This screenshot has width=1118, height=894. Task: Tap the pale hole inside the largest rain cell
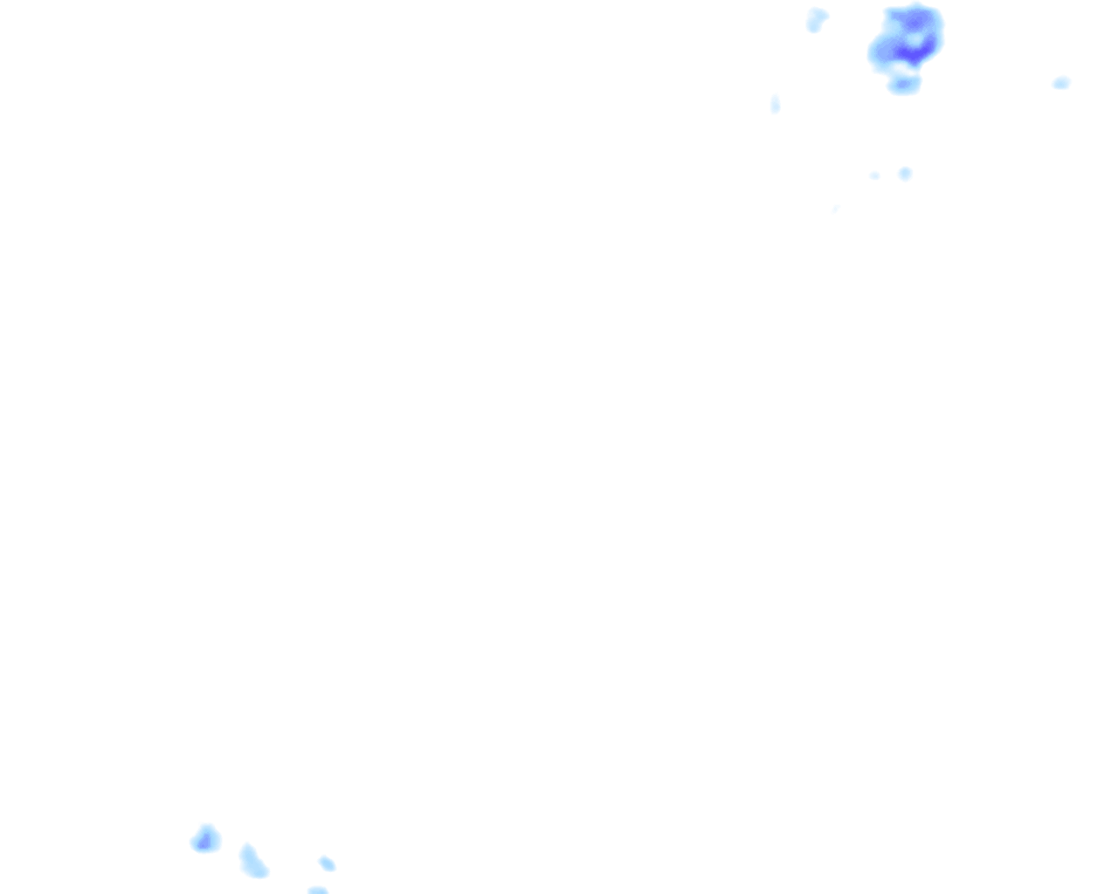pyautogui.click(x=914, y=39)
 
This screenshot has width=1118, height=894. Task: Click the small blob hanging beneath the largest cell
pyautogui.click(x=904, y=85)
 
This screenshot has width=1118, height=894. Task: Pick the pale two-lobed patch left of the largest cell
pyautogui.click(x=817, y=19)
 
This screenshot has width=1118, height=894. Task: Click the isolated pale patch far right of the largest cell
pyautogui.click(x=1061, y=83)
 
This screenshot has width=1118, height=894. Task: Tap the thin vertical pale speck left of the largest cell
pyautogui.click(x=775, y=105)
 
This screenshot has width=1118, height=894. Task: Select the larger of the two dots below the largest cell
pyautogui.click(x=905, y=174)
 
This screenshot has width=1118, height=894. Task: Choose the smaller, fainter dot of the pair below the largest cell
pyautogui.click(x=874, y=175)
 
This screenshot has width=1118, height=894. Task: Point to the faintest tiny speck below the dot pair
pyautogui.click(x=836, y=209)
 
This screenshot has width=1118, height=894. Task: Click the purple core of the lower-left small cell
pyautogui.click(x=206, y=842)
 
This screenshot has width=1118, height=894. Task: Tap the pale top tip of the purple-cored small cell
pyautogui.click(x=207, y=827)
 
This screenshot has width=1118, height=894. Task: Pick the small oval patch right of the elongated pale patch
pyautogui.click(x=327, y=863)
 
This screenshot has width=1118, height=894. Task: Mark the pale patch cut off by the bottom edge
pyautogui.click(x=317, y=891)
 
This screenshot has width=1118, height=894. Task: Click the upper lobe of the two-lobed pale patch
pyautogui.click(x=819, y=14)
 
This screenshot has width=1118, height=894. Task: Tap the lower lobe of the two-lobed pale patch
pyautogui.click(x=813, y=26)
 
